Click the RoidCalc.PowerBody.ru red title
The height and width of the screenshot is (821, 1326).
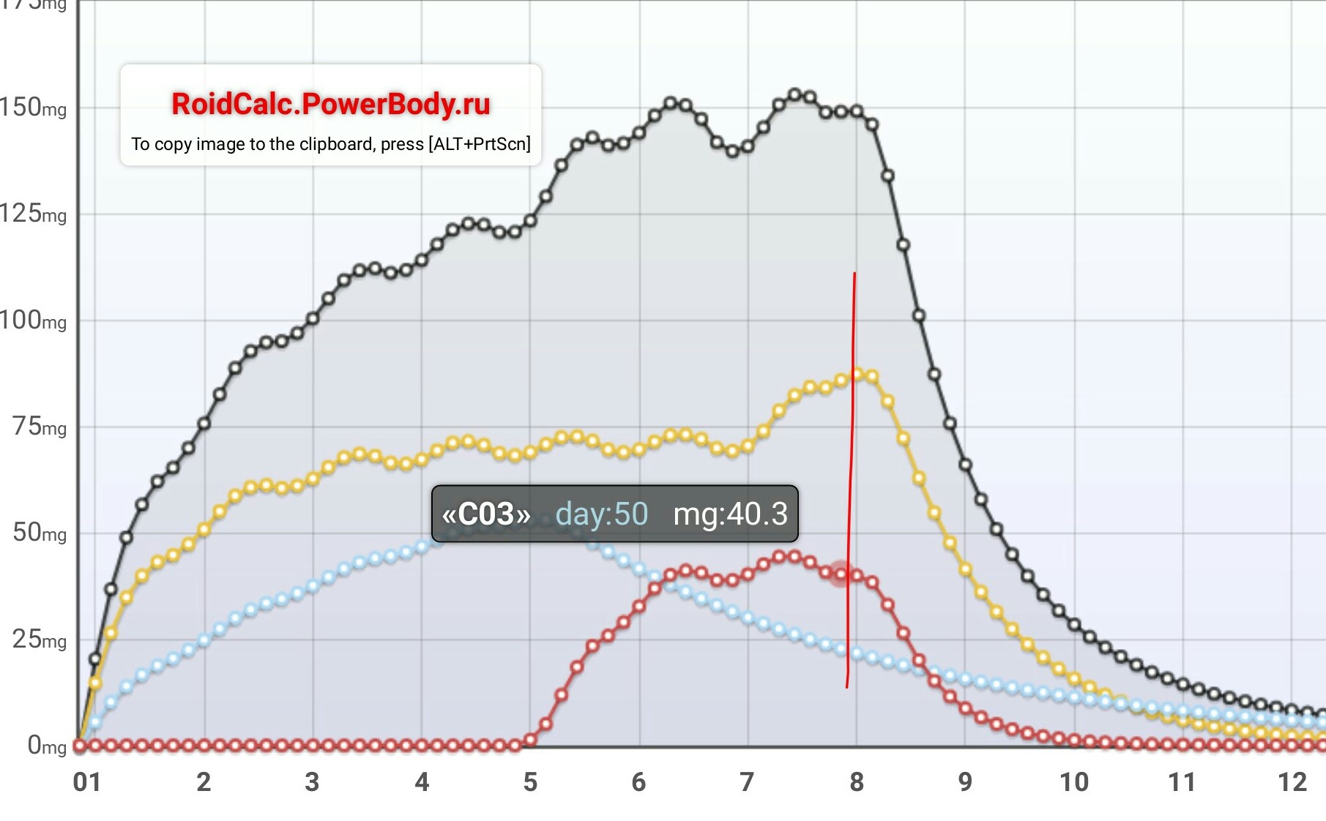tap(330, 104)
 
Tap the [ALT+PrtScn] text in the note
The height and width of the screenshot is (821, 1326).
tap(480, 144)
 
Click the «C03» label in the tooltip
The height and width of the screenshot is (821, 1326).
tap(486, 514)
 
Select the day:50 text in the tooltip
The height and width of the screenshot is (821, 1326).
tap(602, 514)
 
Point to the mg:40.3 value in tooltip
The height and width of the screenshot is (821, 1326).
tap(730, 514)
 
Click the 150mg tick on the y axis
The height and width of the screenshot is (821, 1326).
tap(33, 108)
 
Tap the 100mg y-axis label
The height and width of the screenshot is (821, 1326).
tap(33, 320)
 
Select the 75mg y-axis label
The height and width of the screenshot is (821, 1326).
tap(39, 426)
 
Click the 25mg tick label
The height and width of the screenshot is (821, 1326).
tap(39, 639)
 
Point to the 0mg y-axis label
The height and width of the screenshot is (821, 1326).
tap(46, 746)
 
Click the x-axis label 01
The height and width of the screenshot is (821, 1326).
tap(86, 782)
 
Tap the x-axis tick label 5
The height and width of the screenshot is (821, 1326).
tap(530, 782)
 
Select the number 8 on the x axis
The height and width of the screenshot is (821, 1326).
tap(857, 782)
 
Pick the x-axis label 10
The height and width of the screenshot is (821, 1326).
tap(1074, 782)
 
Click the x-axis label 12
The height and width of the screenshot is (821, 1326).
tap(1292, 782)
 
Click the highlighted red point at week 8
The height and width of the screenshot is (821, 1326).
tap(841, 574)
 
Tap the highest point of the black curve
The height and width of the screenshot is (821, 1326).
tap(794, 94)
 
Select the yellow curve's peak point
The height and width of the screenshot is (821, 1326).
tap(857, 374)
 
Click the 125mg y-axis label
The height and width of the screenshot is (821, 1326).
tap(33, 214)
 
